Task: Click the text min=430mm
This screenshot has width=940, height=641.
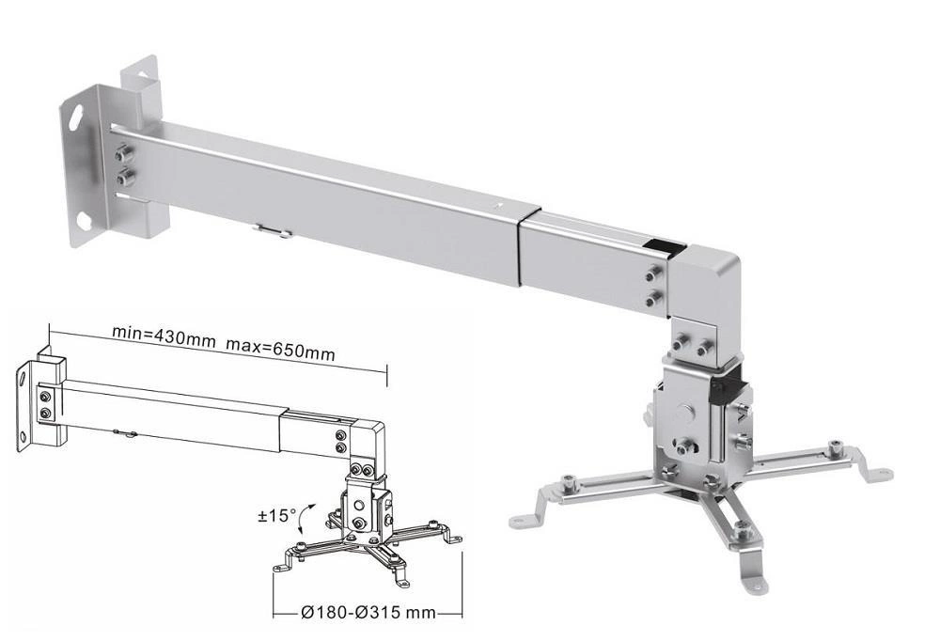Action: [163, 336]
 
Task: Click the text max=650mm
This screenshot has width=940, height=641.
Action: [280, 349]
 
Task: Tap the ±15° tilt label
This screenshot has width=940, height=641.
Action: [277, 515]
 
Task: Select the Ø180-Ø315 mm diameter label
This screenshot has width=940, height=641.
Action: [368, 613]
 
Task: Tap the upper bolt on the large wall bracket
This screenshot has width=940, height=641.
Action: [124, 153]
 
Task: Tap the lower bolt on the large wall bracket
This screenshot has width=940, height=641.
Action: [125, 178]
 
